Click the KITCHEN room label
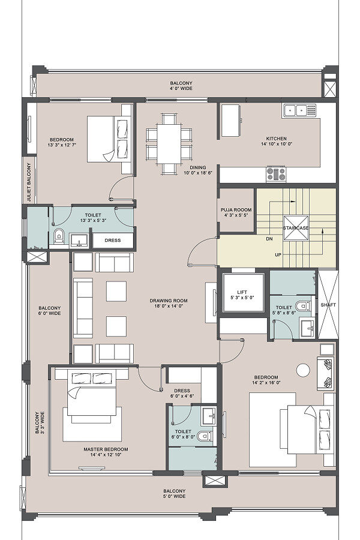(x=276, y=139)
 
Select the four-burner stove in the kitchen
(x=276, y=173)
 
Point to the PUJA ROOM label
(x=236, y=210)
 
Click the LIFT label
(x=242, y=292)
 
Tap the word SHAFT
(x=328, y=305)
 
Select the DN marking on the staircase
(x=269, y=239)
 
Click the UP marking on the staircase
(x=278, y=255)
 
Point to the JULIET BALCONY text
(x=29, y=182)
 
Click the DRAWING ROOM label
(x=169, y=301)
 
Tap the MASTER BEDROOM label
(x=106, y=449)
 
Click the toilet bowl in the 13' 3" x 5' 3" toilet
(x=59, y=236)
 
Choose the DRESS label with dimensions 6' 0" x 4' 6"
(x=182, y=393)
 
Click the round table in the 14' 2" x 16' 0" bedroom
(x=303, y=370)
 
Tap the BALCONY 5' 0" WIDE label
(x=175, y=494)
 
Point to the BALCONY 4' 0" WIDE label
(x=181, y=86)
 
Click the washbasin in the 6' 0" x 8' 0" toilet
(x=209, y=416)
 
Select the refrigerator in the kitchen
(x=230, y=121)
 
